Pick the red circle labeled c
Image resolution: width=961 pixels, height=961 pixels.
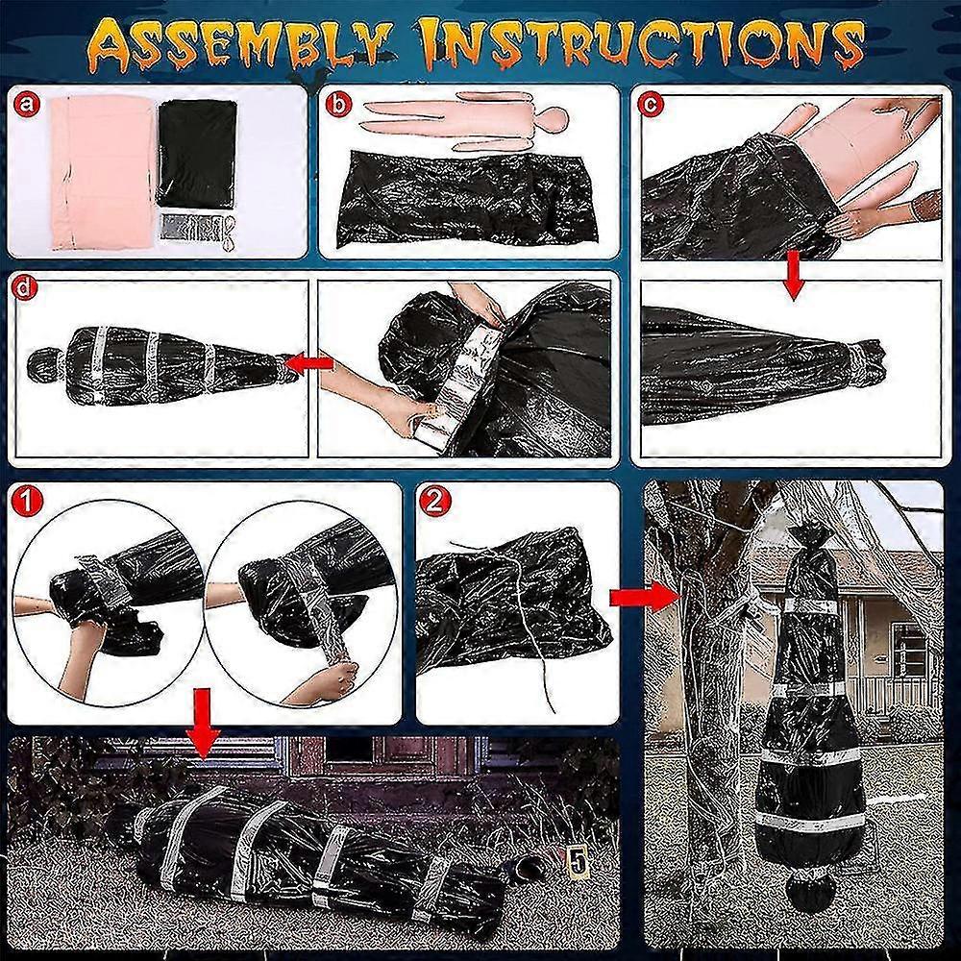click(651, 104)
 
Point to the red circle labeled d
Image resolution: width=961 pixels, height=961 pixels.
click(26, 289)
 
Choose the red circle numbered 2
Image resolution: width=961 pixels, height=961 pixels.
click(434, 503)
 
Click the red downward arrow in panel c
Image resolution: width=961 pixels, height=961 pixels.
click(793, 275)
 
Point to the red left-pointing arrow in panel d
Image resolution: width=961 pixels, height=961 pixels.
click(310, 364)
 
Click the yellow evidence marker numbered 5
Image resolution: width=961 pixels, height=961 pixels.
click(575, 862)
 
